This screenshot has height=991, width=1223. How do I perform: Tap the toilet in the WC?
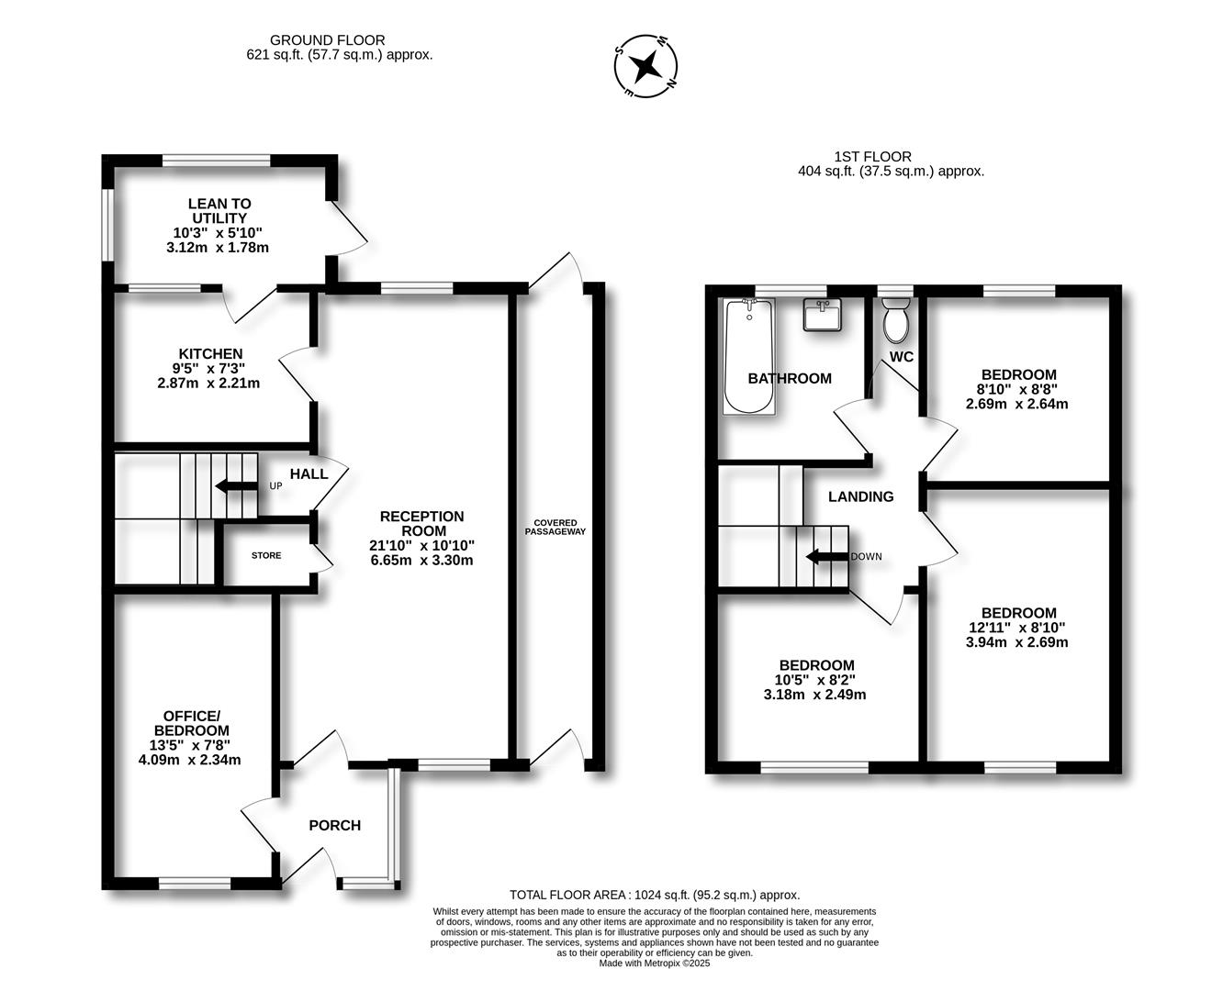pyautogui.click(x=896, y=319)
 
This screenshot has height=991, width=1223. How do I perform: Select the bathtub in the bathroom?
pyautogui.click(x=749, y=356)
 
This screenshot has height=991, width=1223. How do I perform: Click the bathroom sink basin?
pyautogui.click(x=823, y=315)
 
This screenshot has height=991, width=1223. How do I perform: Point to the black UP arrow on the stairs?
pyautogui.click(x=236, y=486)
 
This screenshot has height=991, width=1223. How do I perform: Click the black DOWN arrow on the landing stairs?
pyautogui.click(x=827, y=556)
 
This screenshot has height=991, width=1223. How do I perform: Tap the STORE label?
pyautogui.click(x=266, y=555)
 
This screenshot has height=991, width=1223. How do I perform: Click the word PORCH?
pyautogui.click(x=335, y=825)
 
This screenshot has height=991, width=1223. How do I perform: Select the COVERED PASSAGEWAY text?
pyautogui.click(x=555, y=528)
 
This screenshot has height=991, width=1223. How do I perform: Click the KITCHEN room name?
pyautogui.click(x=211, y=354)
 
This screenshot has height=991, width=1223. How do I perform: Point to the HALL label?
pyautogui.click(x=309, y=474)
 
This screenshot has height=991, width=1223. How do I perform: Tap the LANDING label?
pyautogui.click(x=860, y=497)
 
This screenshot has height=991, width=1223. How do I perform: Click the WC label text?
pyautogui.click(x=902, y=357)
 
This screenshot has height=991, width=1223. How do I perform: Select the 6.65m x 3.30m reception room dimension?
pyautogui.click(x=422, y=560)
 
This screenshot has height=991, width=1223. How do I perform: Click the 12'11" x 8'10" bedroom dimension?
pyautogui.click(x=1016, y=628)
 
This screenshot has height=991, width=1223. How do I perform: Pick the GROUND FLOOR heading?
pyautogui.click(x=327, y=40)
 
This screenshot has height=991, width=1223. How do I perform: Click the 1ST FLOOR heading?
pyautogui.click(x=873, y=157)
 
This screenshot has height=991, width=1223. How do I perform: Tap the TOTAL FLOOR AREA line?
pyautogui.click(x=655, y=895)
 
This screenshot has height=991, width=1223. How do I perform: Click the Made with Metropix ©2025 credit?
pyautogui.click(x=655, y=963)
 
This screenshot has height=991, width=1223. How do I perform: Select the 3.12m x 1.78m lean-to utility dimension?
pyautogui.click(x=218, y=248)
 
